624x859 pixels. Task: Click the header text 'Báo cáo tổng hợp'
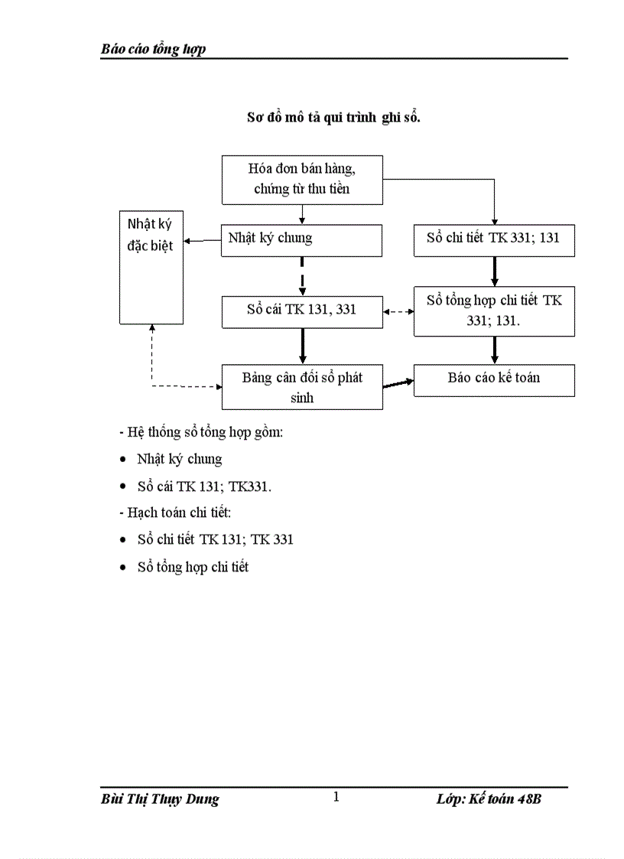point(153,50)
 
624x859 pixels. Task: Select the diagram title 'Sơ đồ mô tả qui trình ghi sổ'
point(333,118)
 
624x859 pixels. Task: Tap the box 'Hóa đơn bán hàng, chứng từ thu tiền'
point(302,180)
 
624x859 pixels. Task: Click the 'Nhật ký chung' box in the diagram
point(302,239)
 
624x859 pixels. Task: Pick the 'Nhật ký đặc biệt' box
point(151,267)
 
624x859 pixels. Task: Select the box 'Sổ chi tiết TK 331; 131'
point(494,239)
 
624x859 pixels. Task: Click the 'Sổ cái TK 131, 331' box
point(302,311)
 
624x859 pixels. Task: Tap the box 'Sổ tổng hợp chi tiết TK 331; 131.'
point(494,311)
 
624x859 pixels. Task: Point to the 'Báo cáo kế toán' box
point(494,379)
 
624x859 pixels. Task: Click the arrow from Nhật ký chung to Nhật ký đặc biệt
point(203,240)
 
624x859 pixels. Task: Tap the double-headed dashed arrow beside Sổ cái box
point(398,312)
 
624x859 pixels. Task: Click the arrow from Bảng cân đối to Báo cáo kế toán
point(398,383)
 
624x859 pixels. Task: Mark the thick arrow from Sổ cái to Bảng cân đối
point(303,347)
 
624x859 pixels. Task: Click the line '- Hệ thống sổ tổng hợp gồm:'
point(202,433)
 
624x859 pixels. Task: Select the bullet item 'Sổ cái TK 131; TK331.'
point(204,486)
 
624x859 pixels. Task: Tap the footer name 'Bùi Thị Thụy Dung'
point(160,799)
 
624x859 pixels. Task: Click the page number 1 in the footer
point(336,798)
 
